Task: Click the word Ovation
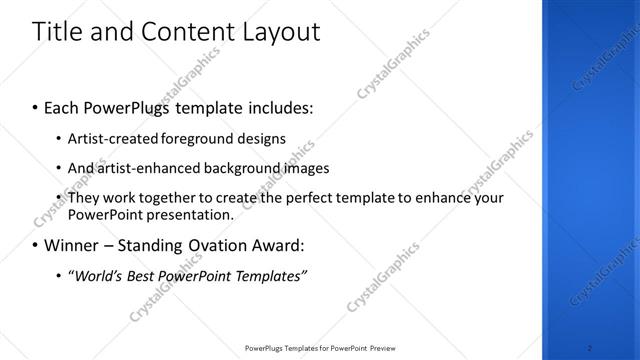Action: coord(205,245)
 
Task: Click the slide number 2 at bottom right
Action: coord(590,348)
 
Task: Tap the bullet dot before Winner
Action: coord(36,245)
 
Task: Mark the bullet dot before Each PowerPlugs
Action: coord(36,105)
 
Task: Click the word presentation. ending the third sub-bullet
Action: coord(189,214)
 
